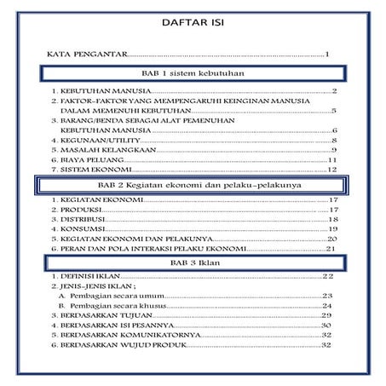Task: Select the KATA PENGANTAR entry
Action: pos(85,55)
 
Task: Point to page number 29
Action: pos(326,315)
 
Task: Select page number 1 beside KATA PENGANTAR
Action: pos(328,55)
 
